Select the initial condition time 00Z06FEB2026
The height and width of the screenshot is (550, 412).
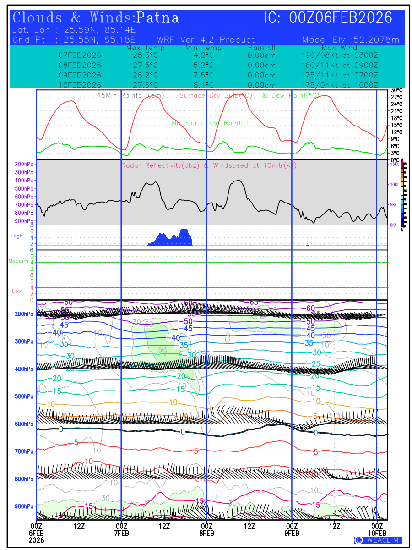341,18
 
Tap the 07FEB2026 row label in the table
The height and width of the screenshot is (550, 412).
80,55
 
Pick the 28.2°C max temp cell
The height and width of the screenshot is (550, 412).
142,75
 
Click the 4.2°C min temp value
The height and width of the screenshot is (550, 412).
203,55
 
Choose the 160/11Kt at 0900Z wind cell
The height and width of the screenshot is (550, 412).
339,65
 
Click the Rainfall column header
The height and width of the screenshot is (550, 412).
261,48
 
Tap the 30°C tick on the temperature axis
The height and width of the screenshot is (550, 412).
396,90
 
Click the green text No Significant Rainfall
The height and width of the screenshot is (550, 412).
210,123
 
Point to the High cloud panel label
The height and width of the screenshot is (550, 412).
17,236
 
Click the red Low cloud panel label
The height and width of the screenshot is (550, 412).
17,291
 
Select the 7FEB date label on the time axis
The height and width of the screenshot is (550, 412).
121,533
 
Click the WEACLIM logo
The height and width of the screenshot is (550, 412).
378,540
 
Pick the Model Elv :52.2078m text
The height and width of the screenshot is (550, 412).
351,40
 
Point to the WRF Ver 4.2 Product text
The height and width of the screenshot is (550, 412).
206,40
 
